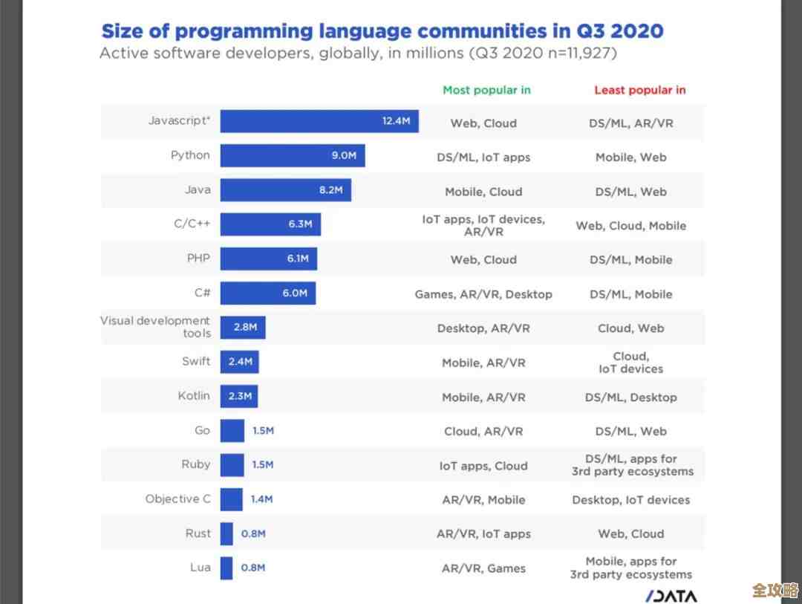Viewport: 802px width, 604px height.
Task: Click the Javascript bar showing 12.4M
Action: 319,121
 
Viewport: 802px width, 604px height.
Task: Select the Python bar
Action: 292,155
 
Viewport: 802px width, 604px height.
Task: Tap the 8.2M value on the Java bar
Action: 330,190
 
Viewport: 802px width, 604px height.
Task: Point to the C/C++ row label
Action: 192,224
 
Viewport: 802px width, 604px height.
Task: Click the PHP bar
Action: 268,259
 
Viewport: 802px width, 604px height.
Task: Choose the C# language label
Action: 202,293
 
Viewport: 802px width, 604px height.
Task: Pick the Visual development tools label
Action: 155,327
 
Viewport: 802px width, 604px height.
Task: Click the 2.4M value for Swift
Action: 240,362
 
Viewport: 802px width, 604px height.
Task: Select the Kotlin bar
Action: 239,396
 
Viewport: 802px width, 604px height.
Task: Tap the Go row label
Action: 202,430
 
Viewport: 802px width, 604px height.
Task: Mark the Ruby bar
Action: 232,464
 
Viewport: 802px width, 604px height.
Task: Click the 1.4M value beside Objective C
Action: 261,499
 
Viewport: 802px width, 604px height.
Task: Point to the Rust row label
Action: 198,533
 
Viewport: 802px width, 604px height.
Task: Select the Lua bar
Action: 226,568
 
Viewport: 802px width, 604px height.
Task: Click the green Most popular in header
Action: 486,90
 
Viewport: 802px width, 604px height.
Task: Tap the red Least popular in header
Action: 639,90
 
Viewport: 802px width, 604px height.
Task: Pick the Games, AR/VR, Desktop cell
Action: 483,294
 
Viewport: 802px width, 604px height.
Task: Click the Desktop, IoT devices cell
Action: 630,500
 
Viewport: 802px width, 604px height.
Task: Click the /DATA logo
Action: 671,596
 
